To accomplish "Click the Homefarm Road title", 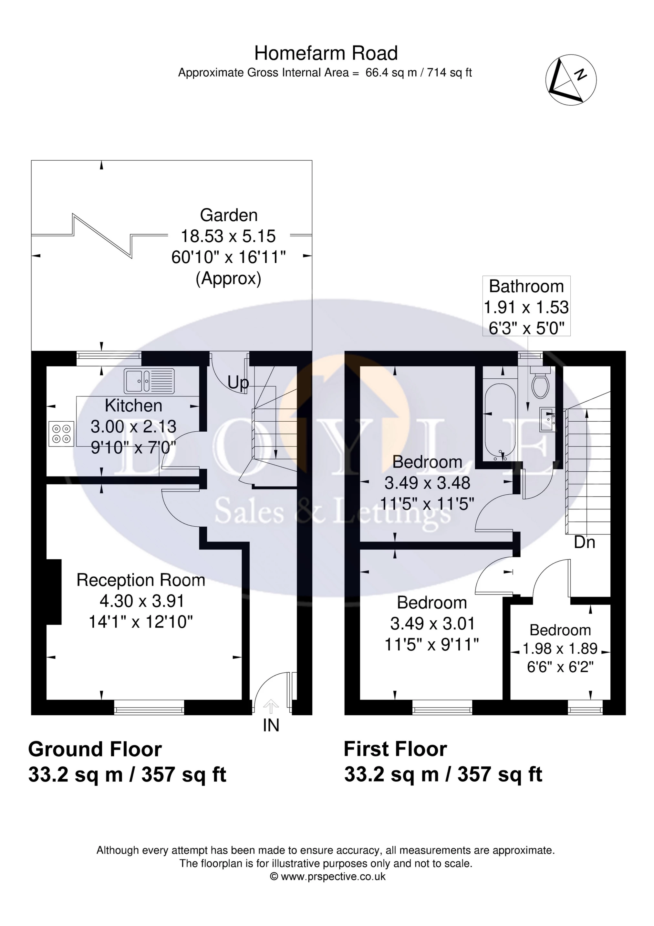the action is [326, 53].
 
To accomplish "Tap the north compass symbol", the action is [571, 79].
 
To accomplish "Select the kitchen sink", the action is [149, 381].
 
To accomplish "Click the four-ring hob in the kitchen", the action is [61, 434].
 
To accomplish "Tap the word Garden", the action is [229, 216].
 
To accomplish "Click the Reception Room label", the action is [141, 580].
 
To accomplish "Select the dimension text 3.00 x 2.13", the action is [133, 426].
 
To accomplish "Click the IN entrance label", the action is [271, 726].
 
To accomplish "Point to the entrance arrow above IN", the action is [271, 708].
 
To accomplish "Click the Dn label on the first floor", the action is [585, 542].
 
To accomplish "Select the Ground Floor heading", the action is [95, 749].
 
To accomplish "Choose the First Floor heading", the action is [395, 749].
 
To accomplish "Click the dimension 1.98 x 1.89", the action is [560, 648].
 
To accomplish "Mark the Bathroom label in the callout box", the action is [526, 286].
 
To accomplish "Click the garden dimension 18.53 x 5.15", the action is [228, 236].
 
